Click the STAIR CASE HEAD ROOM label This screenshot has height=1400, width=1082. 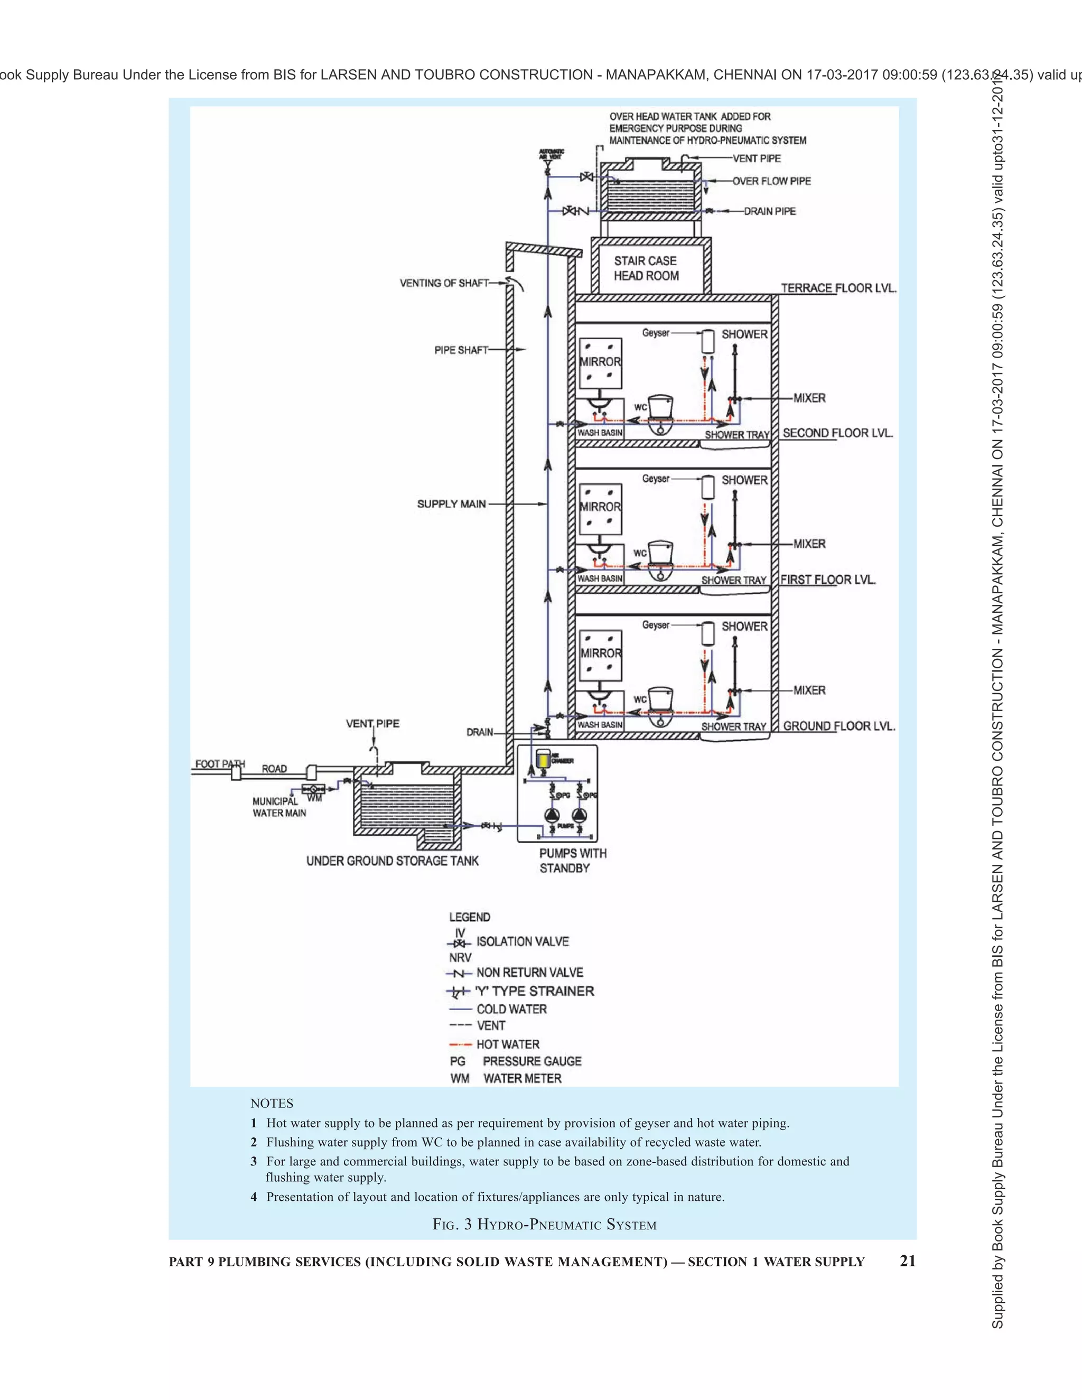pyautogui.click(x=646, y=268)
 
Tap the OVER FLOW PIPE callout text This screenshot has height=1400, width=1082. pyautogui.click(x=771, y=181)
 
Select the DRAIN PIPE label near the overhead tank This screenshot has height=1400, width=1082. pyautogui.click(x=769, y=211)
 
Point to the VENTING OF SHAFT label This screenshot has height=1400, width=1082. pyautogui.click(x=444, y=283)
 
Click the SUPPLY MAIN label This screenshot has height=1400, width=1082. pyautogui.click(x=451, y=504)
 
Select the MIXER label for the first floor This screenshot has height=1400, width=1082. pyautogui.click(x=809, y=544)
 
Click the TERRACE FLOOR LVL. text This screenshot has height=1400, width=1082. pyautogui.click(x=838, y=288)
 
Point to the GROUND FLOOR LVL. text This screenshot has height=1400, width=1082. pyautogui.click(x=838, y=726)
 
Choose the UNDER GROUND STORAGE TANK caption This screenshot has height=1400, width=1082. pyautogui.click(x=393, y=861)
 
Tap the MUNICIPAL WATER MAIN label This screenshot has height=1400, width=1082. pyautogui.click(x=279, y=807)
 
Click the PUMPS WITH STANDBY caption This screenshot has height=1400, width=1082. pyautogui.click(x=572, y=860)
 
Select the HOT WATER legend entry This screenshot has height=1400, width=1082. pyautogui.click(x=508, y=1044)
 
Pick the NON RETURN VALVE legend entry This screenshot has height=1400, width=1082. pyautogui.click(x=529, y=973)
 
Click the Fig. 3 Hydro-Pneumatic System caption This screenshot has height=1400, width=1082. pyautogui.click(x=544, y=1225)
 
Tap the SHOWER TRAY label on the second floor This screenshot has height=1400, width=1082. pyautogui.click(x=736, y=435)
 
